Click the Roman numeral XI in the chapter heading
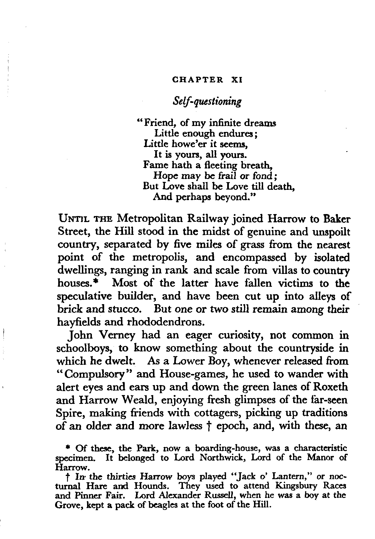[237, 80]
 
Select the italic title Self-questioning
[207, 101]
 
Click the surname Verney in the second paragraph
[117, 335]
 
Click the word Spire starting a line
[68, 413]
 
